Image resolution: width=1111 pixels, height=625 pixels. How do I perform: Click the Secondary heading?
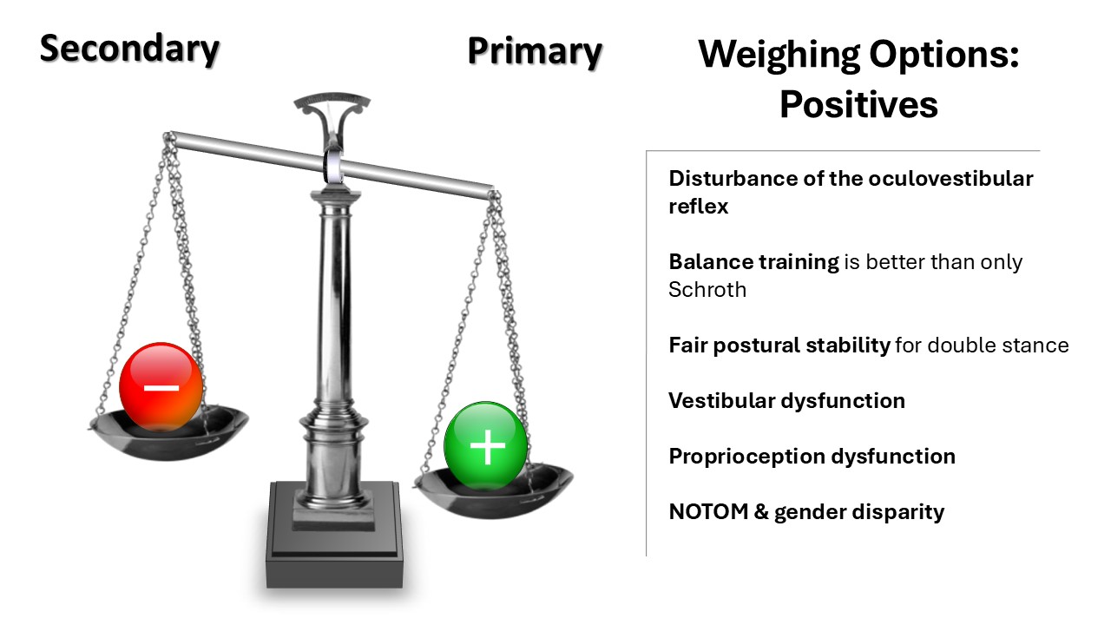coord(129,49)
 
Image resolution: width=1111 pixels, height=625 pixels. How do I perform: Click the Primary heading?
coord(535,51)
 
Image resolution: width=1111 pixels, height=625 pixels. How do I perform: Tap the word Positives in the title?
coord(858,105)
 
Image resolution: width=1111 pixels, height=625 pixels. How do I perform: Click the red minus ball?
coord(161,387)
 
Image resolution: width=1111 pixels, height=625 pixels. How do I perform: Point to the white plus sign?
coord(487,447)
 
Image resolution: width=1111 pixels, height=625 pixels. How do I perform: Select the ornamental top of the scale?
coord(332,109)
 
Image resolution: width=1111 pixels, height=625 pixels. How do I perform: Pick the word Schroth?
coord(707,290)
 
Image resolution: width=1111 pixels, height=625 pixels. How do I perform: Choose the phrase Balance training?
coord(753,261)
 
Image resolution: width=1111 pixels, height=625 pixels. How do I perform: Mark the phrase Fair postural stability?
coord(779,345)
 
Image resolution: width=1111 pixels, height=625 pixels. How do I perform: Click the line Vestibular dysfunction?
coord(786,401)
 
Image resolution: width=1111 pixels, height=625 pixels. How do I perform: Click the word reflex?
coord(698,207)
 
